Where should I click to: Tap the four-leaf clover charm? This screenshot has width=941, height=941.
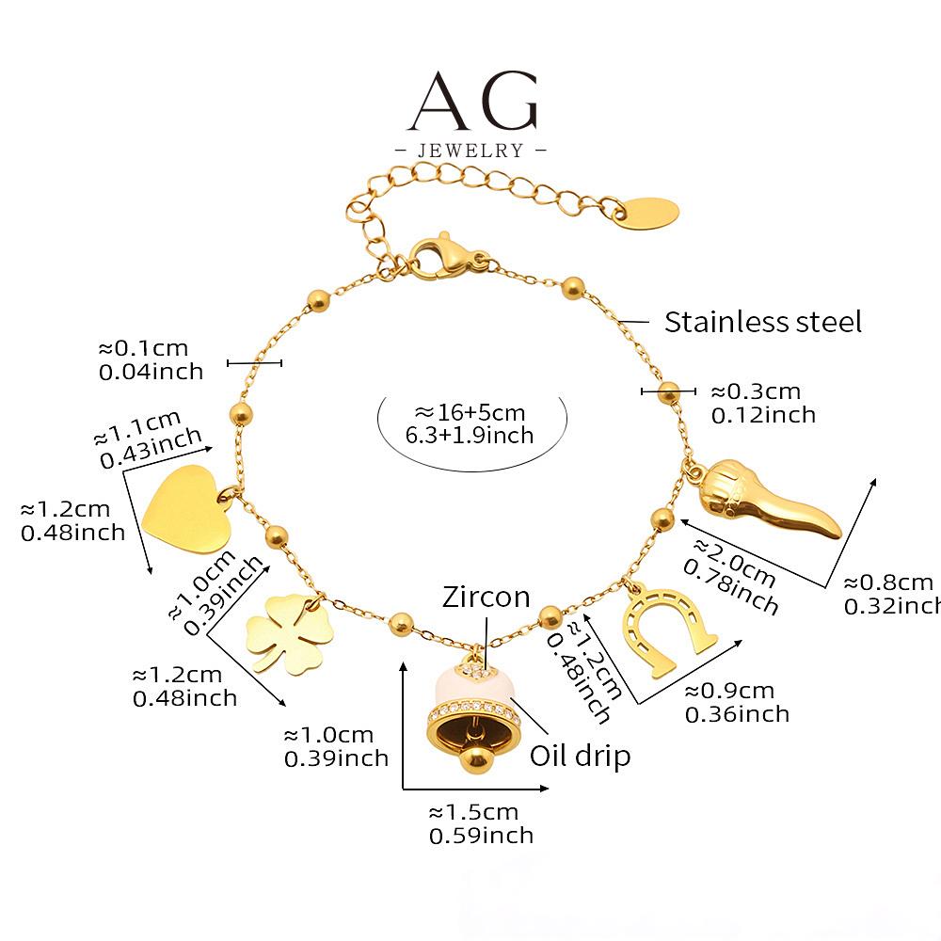[x=289, y=633]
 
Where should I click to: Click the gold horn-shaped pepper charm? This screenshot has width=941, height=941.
[x=763, y=497]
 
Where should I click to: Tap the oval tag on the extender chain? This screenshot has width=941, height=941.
[x=647, y=213]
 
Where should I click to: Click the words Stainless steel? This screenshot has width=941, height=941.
[x=763, y=322]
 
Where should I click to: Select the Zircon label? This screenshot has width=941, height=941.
[x=486, y=598]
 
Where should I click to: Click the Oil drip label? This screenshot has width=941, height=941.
[x=580, y=757]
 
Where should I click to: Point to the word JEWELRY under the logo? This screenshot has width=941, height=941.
[x=470, y=150]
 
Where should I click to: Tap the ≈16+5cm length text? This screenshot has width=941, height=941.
[x=470, y=412]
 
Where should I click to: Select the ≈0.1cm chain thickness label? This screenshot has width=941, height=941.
[x=143, y=348]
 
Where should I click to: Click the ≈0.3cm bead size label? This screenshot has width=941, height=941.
[x=756, y=391]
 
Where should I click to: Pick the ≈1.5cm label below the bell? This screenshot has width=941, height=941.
[x=473, y=812]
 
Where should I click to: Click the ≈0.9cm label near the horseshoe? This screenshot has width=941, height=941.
[x=729, y=691]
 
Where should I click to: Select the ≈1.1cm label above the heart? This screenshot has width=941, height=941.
[x=137, y=426]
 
